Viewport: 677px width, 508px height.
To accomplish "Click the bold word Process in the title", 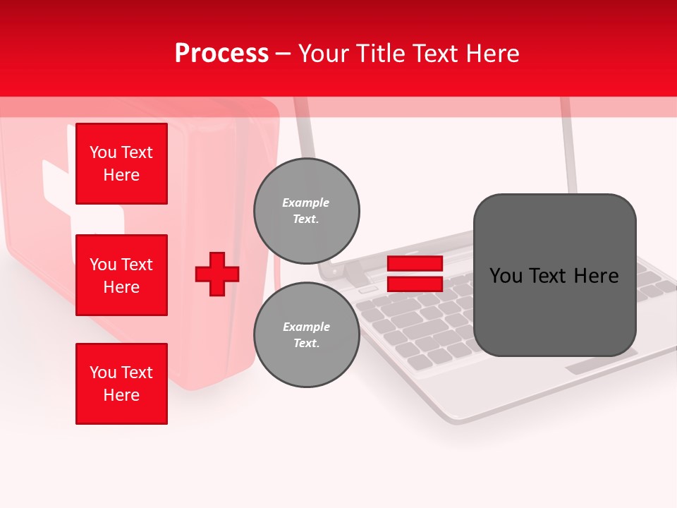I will (x=221, y=54).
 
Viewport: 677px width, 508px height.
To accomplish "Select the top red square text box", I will (x=121, y=164).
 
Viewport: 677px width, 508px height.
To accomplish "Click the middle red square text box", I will (x=121, y=275).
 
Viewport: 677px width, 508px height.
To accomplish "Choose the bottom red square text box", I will (x=121, y=384).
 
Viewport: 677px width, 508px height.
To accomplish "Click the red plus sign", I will (x=217, y=274).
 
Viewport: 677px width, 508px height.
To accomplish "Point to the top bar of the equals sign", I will (x=415, y=263).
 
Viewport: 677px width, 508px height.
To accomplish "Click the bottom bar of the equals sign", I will (x=415, y=284).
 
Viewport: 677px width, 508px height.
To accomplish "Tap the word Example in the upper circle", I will (x=306, y=202).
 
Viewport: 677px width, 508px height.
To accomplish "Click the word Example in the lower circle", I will (x=306, y=327).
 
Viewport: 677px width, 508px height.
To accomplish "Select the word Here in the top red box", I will (x=121, y=175).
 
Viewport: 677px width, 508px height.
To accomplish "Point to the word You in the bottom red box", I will (x=103, y=373).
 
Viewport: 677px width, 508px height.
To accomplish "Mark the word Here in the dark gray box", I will (x=597, y=276).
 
